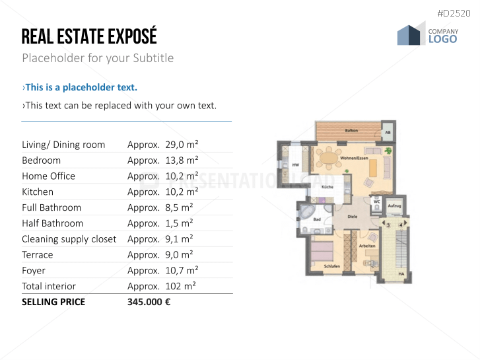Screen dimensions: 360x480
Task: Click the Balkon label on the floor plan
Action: click(x=351, y=131)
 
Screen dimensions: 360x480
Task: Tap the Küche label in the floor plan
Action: click(x=327, y=188)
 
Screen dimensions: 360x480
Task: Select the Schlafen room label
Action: click(x=332, y=266)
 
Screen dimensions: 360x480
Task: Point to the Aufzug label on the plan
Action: click(x=394, y=205)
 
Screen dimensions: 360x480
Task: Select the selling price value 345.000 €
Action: click(x=149, y=302)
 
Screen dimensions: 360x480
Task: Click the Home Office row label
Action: click(x=48, y=176)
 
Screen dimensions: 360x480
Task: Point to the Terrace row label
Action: click(x=37, y=254)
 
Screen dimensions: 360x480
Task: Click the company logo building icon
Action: click(x=411, y=34)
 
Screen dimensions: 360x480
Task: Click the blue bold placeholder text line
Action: click(x=80, y=87)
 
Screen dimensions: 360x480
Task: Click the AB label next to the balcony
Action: click(x=388, y=132)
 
